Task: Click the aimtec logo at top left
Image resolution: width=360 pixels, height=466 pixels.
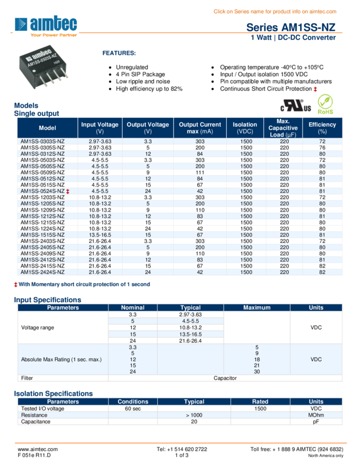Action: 46,25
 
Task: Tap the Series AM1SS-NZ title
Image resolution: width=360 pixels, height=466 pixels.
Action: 290,27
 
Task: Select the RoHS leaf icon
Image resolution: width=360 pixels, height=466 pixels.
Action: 325,104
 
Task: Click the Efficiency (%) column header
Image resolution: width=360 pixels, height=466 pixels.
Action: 322,128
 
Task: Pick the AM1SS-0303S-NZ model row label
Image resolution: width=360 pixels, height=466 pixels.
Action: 42,141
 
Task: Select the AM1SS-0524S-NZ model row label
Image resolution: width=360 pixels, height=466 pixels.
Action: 42,191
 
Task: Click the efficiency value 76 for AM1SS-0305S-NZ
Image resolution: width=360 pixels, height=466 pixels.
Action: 322,147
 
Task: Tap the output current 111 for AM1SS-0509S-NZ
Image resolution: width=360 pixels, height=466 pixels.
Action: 199,173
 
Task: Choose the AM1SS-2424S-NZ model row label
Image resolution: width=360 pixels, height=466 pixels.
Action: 42,272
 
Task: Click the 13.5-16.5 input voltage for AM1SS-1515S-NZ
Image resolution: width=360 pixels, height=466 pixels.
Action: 100,235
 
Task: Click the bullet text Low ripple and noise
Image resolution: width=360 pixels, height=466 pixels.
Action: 143,82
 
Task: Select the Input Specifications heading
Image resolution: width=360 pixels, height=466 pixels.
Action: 47,300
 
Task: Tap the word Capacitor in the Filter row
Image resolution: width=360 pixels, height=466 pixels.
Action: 225,378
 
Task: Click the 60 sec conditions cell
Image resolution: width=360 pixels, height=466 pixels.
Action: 133,409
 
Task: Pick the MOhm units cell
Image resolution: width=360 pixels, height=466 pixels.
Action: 316,415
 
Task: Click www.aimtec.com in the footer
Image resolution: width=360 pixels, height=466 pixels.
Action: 37,449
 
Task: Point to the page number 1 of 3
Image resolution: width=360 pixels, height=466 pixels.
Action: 182,455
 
